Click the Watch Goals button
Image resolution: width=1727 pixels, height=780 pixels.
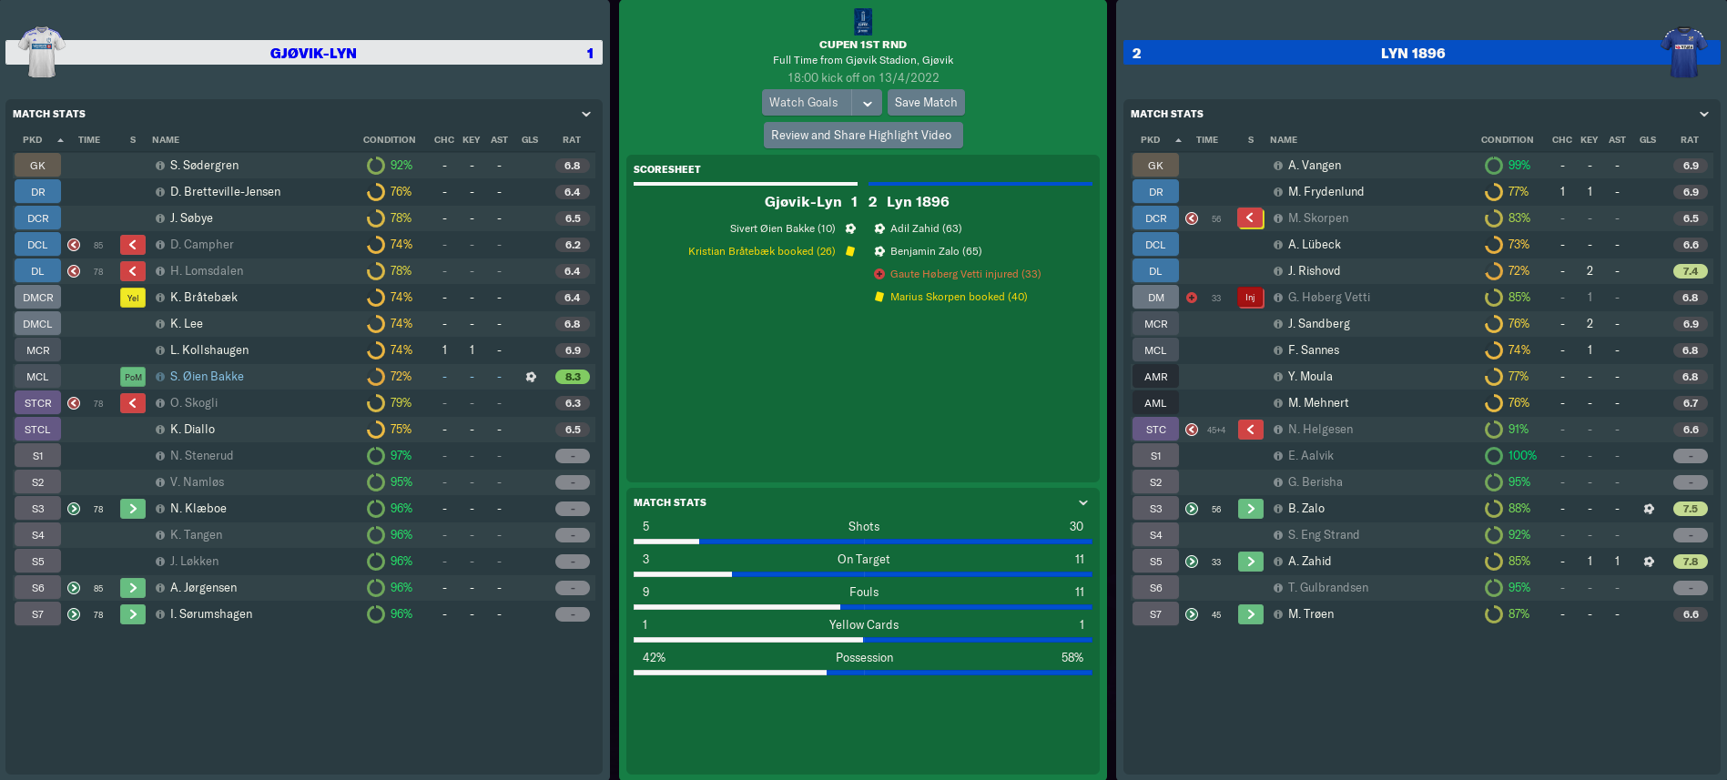click(x=804, y=103)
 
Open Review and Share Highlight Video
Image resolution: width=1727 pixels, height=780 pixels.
click(x=861, y=136)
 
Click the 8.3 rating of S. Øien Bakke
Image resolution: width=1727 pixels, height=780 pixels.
click(x=573, y=377)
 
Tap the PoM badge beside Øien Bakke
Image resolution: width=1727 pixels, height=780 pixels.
click(x=133, y=377)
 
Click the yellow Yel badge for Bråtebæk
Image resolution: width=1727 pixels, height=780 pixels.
click(x=133, y=298)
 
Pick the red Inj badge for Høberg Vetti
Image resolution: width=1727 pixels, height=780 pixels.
click(x=1250, y=298)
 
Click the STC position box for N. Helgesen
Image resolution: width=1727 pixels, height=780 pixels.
click(x=1155, y=430)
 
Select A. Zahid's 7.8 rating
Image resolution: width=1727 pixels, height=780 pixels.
click(x=1690, y=562)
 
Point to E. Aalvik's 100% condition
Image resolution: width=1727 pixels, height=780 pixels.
click(x=1520, y=456)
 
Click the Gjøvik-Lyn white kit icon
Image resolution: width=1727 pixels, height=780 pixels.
click(x=42, y=51)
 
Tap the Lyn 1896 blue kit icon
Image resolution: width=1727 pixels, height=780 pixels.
click(x=1683, y=51)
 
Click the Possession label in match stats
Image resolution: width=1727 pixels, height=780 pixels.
click(x=864, y=658)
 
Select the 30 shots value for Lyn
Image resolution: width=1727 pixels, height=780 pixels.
click(x=1076, y=527)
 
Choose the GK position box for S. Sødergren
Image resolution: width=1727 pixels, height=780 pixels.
click(x=37, y=166)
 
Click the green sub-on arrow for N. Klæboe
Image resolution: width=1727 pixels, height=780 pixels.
click(x=133, y=509)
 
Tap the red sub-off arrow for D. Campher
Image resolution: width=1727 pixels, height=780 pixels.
click(x=133, y=245)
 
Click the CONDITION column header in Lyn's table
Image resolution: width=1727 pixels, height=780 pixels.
click(x=1507, y=140)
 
